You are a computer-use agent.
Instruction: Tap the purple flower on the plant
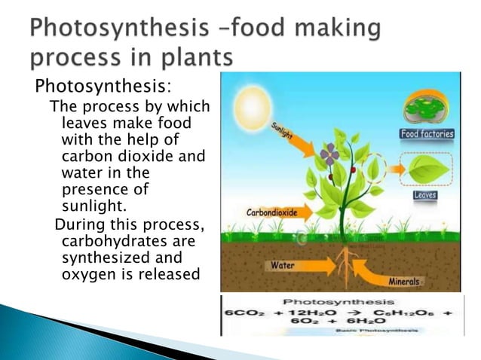pyautogui.click(x=329, y=156)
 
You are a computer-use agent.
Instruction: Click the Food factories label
pyautogui.click(x=426, y=134)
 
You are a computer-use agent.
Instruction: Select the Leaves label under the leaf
pyautogui.click(x=425, y=195)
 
